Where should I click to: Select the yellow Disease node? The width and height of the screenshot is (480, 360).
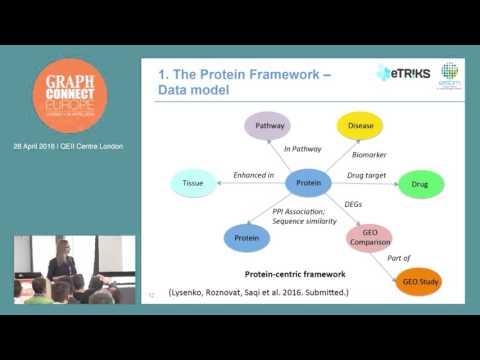coord(360,127)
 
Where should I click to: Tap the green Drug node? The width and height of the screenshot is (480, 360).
coord(421,183)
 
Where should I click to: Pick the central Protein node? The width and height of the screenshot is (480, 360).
coord(307,183)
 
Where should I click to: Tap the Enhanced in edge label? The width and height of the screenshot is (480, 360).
coord(254,176)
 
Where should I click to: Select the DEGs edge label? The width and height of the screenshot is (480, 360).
coord(353,204)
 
